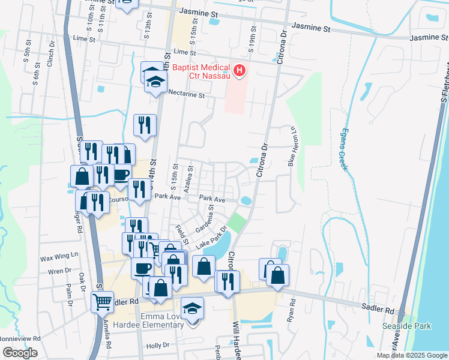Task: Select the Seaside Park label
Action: coord(399,326)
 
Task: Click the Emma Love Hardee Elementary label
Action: coord(162,320)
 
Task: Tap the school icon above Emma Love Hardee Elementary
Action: coord(193,309)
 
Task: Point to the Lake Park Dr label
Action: coord(214,238)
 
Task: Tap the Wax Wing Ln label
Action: coord(59,257)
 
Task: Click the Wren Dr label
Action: coord(59,271)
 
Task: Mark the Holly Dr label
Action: coord(158,346)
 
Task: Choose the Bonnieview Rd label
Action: coord(20,338)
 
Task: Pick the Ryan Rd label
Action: coord(293,310)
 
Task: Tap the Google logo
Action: coord(19,353)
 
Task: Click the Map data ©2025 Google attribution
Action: coord(412,355)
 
